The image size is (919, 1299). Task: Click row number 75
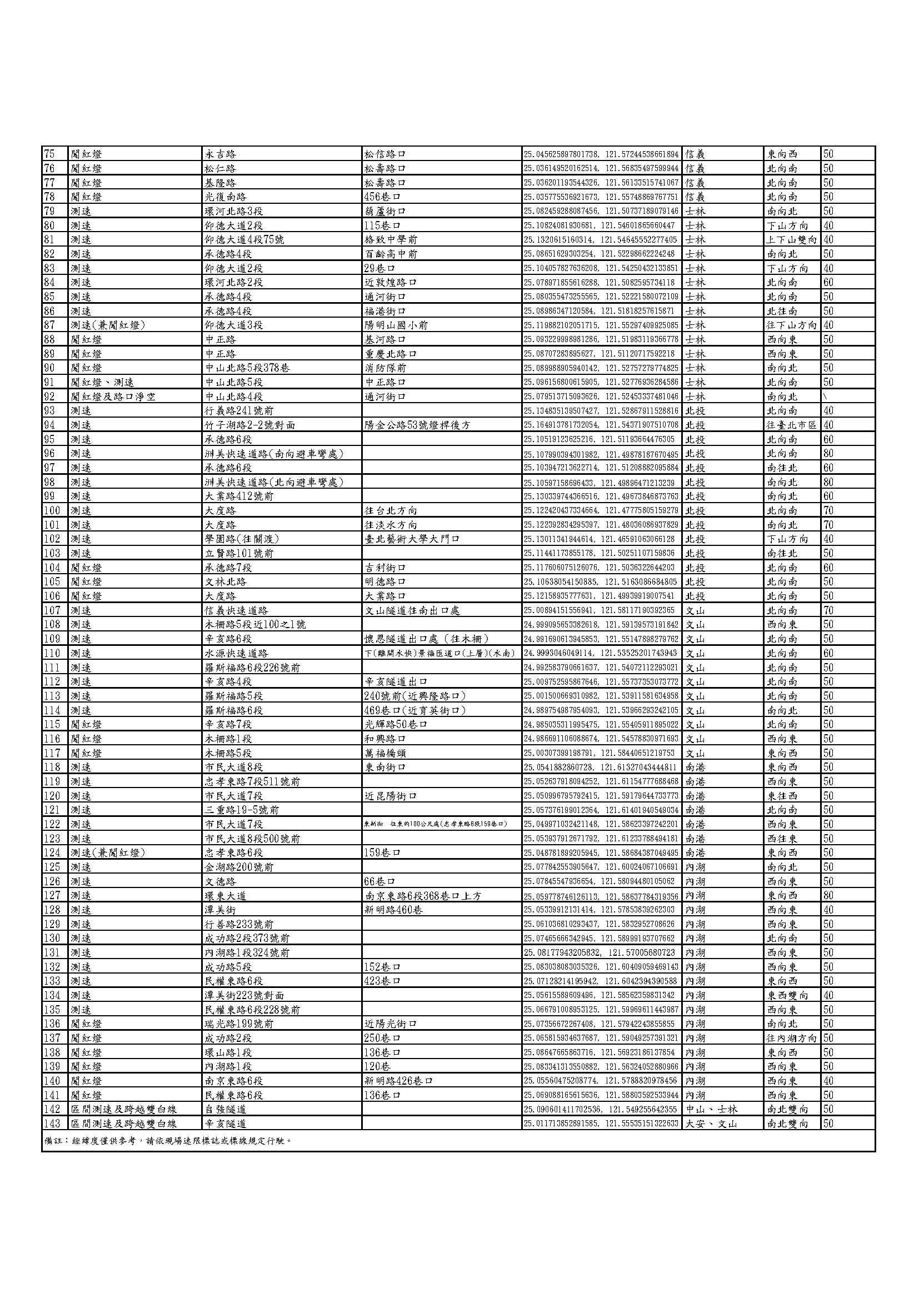49,154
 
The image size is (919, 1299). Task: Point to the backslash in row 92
826,397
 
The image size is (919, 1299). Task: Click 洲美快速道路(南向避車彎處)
274,454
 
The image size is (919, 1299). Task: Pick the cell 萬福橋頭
386,753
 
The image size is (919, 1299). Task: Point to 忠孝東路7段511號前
252,781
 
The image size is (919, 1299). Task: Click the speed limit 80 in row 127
828,896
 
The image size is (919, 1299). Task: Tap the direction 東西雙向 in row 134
788,995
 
